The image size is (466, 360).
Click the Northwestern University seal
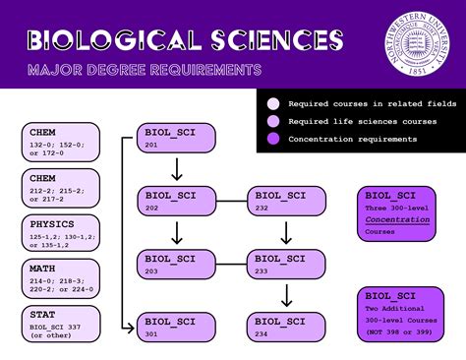pyautogui.click(x=414, y=42)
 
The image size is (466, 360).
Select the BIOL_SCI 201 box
pyautogui.click(x=176, y=139)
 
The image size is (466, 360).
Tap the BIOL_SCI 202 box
pyautogui.click(x=176, y=201)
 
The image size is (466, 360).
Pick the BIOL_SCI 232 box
pyautogui.click(x=285, y=201)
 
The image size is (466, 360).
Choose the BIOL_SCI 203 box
pyautogui.click(x=176, y=263)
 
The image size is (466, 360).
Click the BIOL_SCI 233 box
pyautogui.click(x=285, y=263)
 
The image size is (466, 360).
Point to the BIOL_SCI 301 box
pyautogui.click(x=176, y=325)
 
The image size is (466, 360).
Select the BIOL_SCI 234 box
pyautogui.click(x=285, y=325)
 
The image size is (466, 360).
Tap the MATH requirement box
pyautogui.click(x=61, y=279)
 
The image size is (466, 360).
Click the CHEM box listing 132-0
pyautogui.click(x=61, y=140)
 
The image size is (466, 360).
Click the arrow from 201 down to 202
pyautogui.click(x=176, y=169)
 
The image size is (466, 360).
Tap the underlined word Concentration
pyautogui.click(x=398, y=220)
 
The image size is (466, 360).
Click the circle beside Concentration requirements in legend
pyautogui.click(x=273, y=139)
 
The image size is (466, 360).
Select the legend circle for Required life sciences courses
pyautogui.click(x=273, y=121)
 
